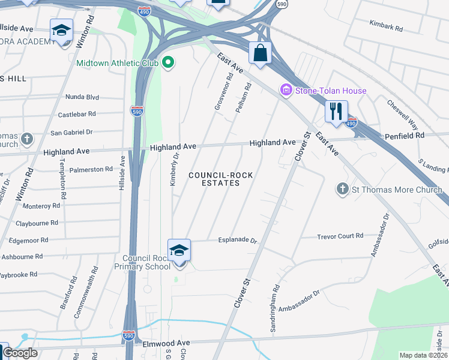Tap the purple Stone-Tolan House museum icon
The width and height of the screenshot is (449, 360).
click(x=286, y=91)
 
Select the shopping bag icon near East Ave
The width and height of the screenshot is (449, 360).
click(x=260, y=53)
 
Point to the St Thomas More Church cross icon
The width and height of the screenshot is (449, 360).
click(x=342, y=190)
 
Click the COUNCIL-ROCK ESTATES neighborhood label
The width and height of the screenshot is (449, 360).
click(x=220, y=179)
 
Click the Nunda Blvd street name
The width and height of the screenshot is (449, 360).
click(x=82, y=97)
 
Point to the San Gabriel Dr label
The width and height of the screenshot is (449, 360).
click(x=71, y=132)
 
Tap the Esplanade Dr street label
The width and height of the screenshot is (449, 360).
click(x=234, y=241)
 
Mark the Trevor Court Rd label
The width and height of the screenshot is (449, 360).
click(x=340, y=236)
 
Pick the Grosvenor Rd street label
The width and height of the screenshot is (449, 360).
click(x=223, y=92)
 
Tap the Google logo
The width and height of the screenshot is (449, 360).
click(x=20, y=353)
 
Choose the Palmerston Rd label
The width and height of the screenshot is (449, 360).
click(x=91, y=170)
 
